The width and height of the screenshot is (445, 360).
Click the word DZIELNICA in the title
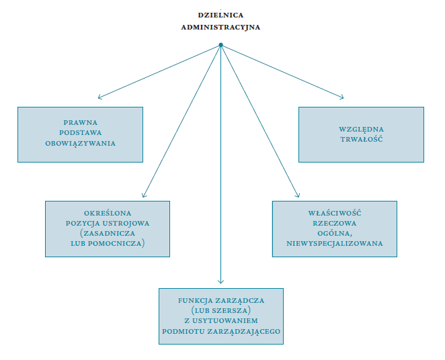tap(220, 15)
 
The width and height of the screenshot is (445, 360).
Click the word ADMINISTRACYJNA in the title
tap(220, 28)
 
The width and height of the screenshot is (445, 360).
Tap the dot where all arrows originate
tap(220, 45)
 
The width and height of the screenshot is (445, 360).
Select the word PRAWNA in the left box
tap(80, 122)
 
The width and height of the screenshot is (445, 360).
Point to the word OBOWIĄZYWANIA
tap(80, 144)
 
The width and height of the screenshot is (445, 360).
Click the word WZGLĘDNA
tap(361, 129)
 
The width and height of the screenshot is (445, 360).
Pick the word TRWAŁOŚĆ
tap(362, 139)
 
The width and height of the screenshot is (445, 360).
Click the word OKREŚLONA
tap(108, 213)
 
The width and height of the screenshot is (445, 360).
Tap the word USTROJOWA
tap(126, 224)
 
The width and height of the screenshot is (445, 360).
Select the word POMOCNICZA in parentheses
tap(114, 244)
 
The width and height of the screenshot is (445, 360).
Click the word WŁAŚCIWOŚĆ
tap(335, 213)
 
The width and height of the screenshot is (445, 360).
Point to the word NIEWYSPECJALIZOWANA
tap(335, 244)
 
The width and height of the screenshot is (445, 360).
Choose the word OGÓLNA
tap(335, 233)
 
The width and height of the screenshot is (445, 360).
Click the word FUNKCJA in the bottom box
tap(195, 300)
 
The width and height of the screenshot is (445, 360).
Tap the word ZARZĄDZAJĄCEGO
tap(244, 331)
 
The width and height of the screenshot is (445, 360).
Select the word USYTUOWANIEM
tap(225, 321)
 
